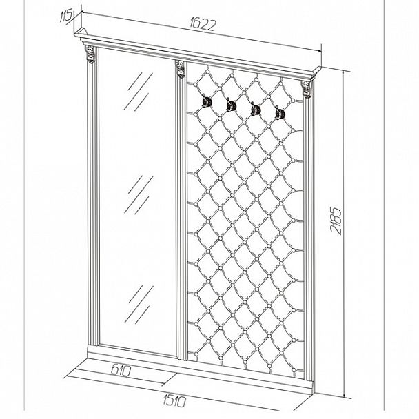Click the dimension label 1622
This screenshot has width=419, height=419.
[x=203, y=25]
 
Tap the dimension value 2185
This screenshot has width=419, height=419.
[x=336, y=221]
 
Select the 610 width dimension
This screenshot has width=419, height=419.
[x=121, y=371]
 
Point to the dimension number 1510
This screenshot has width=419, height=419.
[x=174, y=401]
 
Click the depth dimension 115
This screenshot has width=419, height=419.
[x=65, y=17]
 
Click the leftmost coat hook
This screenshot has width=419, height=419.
[x=206, y=101]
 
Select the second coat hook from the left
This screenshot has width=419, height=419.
[x=231, y=105]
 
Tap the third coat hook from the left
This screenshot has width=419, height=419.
[x=256, y=110]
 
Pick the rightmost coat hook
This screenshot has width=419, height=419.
[x=280, y=113]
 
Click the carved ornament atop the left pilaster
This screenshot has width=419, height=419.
[x=90, y=54]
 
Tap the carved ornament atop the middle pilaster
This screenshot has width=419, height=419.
[x=180, y=70]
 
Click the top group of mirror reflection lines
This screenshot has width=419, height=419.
[x=139, y=92]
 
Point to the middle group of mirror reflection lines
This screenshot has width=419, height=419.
[x=139, y=195]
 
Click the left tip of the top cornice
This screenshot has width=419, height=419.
[x=74, y=34]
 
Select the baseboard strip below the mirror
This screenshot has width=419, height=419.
[x=132, y=353]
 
